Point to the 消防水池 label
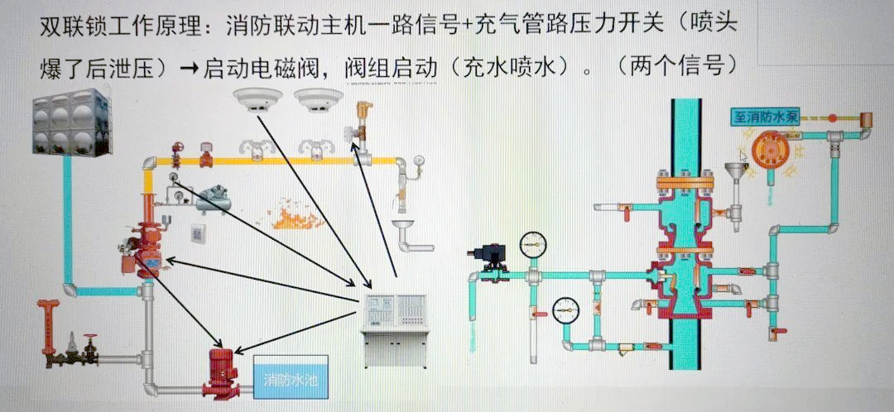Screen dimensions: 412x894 click(x=290, y=380)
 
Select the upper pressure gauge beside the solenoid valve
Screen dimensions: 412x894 click(x=534, y=244)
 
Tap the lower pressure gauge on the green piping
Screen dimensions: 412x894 click(x=566, y=309)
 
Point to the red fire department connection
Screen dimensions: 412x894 click(x=48, y=319)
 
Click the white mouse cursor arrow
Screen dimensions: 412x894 click(x=744, y=156)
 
